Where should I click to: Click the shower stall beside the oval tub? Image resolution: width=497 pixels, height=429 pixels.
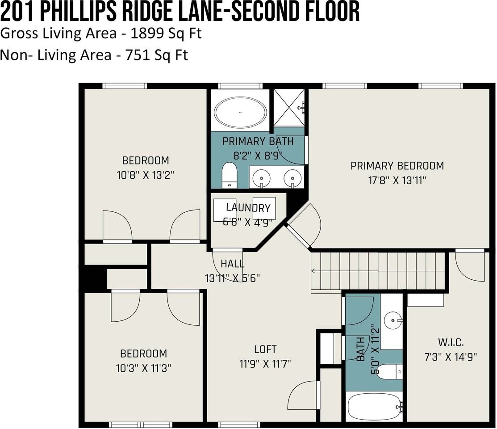(289, 108)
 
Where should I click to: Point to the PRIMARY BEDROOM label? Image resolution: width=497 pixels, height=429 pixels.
(397, 166)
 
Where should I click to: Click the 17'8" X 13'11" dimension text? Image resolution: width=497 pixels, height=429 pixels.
(397, 180)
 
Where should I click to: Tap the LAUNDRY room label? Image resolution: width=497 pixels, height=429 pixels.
(248, 207)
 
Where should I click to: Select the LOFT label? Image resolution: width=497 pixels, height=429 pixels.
(265, 349)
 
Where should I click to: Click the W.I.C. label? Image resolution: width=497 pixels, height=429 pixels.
(451, 343)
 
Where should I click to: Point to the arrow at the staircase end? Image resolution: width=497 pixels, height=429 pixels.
(314, 271)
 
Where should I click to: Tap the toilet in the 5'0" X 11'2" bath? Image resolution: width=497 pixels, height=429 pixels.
(388, 371)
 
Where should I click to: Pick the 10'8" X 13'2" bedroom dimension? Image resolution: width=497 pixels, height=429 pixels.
(146, 174)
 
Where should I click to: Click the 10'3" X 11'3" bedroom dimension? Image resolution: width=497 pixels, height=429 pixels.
(143, 368)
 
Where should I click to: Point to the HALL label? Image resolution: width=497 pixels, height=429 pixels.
(232, 264)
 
